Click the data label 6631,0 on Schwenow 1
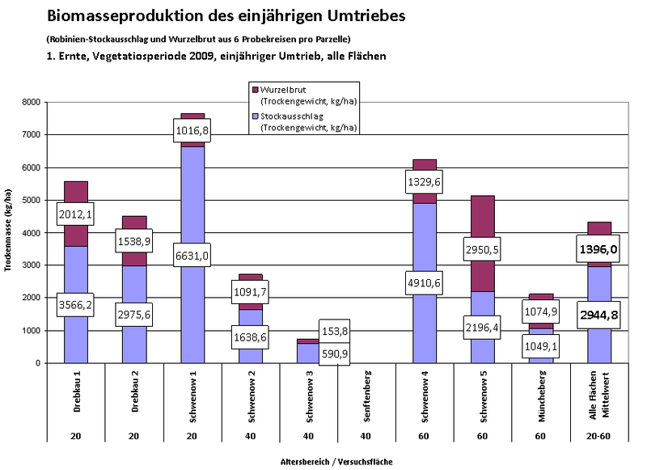click(192, 255)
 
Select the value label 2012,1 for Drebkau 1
click(75, 214)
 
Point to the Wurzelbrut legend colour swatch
click(255, 88)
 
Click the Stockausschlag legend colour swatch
click(255, 116)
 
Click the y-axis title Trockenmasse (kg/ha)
click(8, 233)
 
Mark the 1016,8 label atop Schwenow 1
click(192, 129)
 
